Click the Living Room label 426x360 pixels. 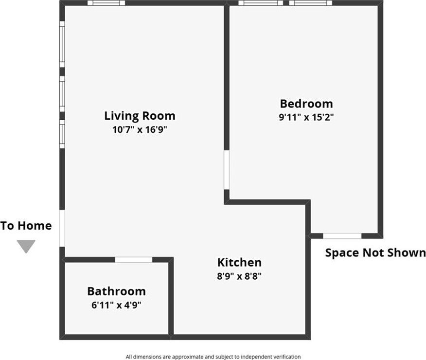[x=140, y=116]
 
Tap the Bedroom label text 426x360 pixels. [x=306, y=104]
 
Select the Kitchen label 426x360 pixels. [x=239, y=263]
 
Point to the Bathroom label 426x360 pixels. [x=116, y=291]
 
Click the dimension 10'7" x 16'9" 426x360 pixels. [x=140, y=129]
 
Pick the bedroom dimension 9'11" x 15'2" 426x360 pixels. [x=306, y=117]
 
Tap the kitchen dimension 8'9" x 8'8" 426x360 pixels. [x=239, y=276]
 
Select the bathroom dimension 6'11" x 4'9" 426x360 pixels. [x=116, y=305]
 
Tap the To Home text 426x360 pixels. [x=26, y=226]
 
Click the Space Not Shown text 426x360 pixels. [x=375, y=252]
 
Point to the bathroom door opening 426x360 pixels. [x=133, y=260]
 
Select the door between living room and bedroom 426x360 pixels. [x=227, y=170]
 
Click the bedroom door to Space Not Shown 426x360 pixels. [x=342, y=236]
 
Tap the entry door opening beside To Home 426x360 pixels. [x=62, y=228]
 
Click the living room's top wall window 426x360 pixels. [x=106, y=3]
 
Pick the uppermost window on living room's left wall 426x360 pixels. [x=62, y=44]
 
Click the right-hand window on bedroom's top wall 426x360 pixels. [x=311, y=3]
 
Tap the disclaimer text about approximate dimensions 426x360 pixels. [x=213, y=357]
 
